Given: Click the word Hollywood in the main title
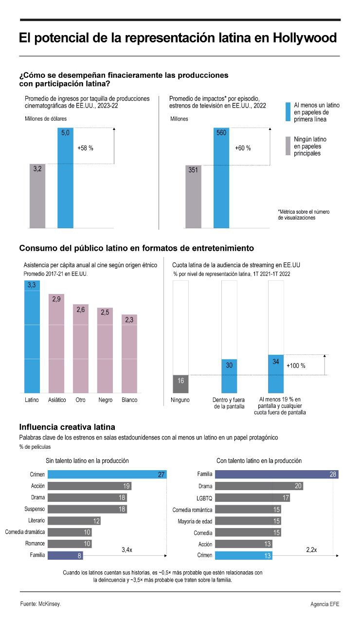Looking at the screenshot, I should pyautogui.click(x=305, y=38).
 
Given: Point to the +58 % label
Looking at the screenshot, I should pyautogui.click(x=85, y=148).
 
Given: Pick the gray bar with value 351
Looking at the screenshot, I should pyautogui.click(x=193, y=197).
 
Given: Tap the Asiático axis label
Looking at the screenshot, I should pyautogui.click(x=57, y=400).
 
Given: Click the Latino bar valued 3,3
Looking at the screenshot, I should pyautogui.click(x=32, y=336).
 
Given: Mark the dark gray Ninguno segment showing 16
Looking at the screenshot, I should pyautogui.click(x=180, y=384).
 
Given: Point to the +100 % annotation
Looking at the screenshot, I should pyautogui.click(x=296, y=366).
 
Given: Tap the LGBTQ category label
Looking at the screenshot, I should pyautogui.click(x=204, y=498).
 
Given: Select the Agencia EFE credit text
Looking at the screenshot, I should pyautogui.click(x=324, y=604).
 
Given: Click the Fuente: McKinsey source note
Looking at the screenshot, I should pyautogui.click(x=41, y=604).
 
